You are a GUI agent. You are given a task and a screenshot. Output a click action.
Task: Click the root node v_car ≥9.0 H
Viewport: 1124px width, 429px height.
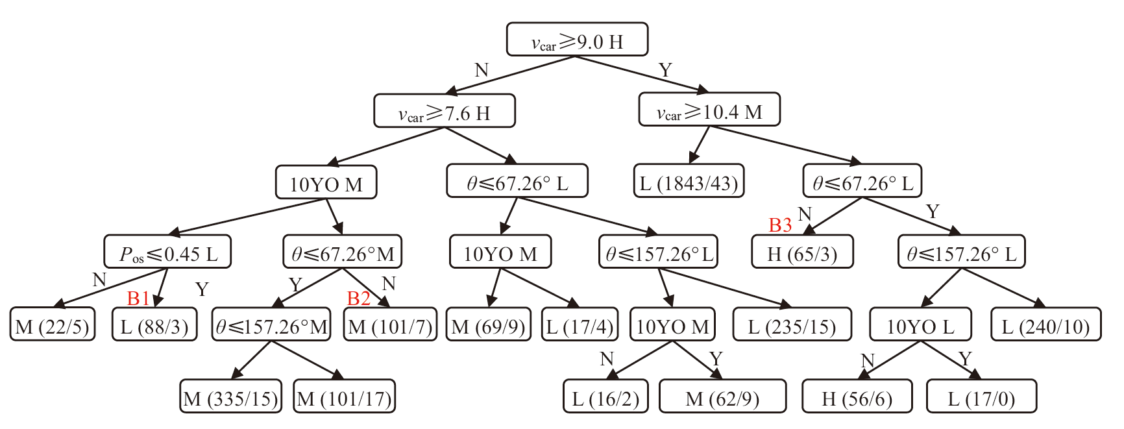[577, 40]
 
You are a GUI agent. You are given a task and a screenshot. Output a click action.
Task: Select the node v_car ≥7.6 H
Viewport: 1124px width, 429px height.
[445, 111]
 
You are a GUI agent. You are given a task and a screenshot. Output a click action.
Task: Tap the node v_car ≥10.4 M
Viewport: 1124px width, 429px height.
[709, 110]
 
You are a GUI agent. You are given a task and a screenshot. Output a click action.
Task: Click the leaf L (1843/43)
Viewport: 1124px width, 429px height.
[689, 181]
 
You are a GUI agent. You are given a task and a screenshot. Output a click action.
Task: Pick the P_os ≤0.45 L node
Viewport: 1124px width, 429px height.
[167, 252]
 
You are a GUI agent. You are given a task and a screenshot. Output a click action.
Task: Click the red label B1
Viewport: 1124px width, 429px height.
[139, 298]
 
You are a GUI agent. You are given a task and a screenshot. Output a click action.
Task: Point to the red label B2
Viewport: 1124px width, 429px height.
[359, 298]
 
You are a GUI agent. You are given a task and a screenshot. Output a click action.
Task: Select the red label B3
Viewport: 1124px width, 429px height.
[780, 225]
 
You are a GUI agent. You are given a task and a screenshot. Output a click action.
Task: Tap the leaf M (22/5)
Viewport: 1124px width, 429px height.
[53, 325]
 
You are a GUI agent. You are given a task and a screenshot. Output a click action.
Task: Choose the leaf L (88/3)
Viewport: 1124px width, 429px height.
[154, 325]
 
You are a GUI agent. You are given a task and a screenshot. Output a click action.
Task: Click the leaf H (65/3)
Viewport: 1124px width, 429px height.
[802, 252]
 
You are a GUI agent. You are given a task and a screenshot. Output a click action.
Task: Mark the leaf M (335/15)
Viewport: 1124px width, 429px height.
[231, 397]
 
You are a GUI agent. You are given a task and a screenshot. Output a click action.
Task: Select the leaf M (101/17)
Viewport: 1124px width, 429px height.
[345, 397]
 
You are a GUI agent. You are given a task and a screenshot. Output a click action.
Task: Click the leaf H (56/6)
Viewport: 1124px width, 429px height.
[857, 397]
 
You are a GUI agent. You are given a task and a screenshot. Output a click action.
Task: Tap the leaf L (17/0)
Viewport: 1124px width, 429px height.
[981, 397]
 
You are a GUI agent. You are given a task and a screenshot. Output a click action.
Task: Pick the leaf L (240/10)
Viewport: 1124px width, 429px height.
[1045, 325]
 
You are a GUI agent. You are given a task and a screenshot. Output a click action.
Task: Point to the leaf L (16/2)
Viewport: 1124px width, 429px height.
[605, 397]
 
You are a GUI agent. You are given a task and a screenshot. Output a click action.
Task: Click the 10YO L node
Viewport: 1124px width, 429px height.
[920, 325]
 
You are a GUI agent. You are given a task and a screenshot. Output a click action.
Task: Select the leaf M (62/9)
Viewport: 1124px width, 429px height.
[722, 397]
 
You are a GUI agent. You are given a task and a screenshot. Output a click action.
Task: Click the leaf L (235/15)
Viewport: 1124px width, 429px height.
[792, 325]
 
